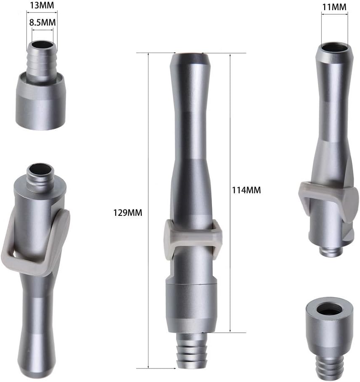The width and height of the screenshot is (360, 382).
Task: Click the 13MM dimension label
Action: [42, 5]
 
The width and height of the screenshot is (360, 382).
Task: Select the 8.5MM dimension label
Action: [42, 22]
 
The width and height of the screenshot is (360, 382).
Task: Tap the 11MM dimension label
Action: [334, 7]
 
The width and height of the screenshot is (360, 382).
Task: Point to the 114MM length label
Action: [246, 190]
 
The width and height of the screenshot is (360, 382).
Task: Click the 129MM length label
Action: [127, 213]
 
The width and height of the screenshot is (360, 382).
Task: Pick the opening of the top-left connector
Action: [42, 45]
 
